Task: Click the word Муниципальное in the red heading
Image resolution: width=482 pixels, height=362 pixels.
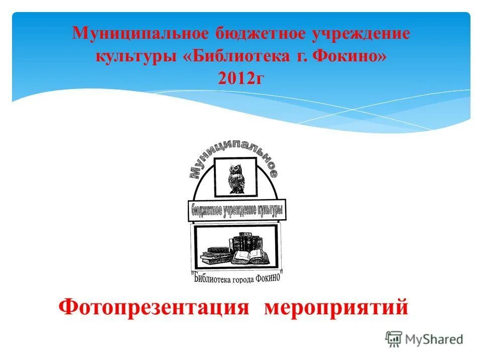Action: tap(141, 34)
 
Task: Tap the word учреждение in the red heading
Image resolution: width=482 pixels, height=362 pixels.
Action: tap(362, 34)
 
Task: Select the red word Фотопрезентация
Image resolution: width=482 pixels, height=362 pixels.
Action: tap(154, 307)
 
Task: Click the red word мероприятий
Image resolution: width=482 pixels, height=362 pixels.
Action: tap(336, 307)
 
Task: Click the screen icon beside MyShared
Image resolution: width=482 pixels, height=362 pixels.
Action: tap(394, 339)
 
